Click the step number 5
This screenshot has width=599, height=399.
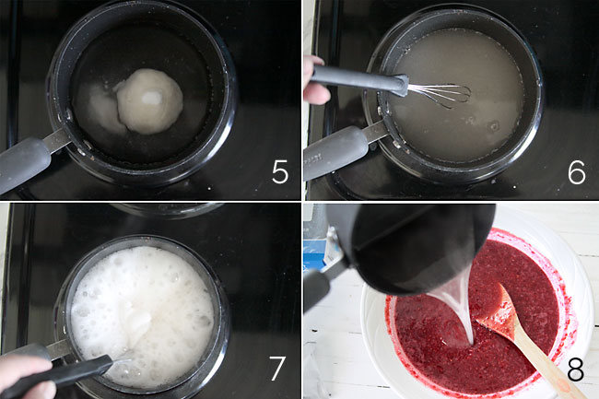(280, 172)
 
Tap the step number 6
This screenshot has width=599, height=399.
(576, 172)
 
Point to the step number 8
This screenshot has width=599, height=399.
(575, 370)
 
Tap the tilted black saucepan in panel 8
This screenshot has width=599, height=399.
(405, 249)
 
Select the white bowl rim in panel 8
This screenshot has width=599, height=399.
(581, 276)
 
